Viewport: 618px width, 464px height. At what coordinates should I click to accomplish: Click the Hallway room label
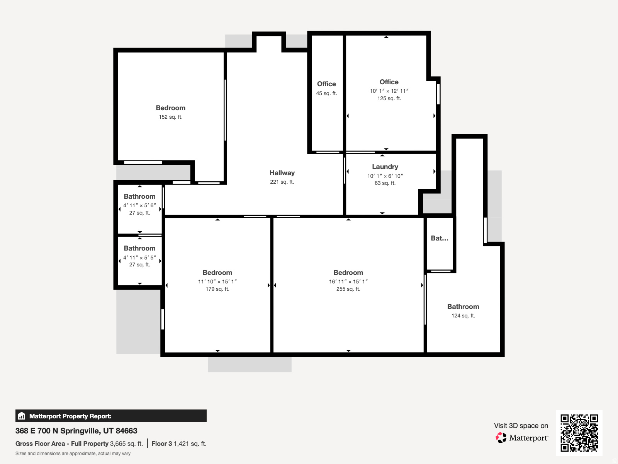pos(282,173)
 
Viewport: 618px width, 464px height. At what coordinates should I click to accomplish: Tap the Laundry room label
pos(385,167)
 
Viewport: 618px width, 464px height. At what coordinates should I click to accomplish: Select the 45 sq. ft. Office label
pos(326,84)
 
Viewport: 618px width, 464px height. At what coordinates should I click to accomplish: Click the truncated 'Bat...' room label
pos(440,238)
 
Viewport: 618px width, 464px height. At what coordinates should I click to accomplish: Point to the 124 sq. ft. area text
pos(463,316)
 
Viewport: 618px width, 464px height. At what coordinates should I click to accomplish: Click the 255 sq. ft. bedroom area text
pos(348,289)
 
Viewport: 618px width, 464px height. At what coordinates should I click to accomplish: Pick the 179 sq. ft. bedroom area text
pos(217,289)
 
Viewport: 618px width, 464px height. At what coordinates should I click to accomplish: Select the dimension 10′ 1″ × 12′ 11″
pos(389,91)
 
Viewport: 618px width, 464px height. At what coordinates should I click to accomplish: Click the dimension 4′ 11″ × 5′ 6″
pos(139,205)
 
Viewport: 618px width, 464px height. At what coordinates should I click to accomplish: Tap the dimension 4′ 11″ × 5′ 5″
pos(139,258)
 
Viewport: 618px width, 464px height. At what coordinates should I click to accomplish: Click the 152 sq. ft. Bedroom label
pos(170,108)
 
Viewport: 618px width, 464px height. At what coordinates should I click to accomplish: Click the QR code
pos(579,433)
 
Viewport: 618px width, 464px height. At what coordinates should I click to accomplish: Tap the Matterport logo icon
pos(501,438)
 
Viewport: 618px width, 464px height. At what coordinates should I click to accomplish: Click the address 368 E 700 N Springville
pos(76,431)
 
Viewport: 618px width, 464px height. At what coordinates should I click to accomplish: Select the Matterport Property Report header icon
pos(22,416)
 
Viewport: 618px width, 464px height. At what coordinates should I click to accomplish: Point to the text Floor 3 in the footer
pos(161,444)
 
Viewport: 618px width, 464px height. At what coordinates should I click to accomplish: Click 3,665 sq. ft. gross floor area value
pos(126,444)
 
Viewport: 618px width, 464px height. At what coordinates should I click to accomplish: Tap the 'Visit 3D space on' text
pos(521,426)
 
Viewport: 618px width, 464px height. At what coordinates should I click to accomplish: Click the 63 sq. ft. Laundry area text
pos(385,183)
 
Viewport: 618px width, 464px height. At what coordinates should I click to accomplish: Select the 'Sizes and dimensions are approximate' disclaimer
pos(73,454)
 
